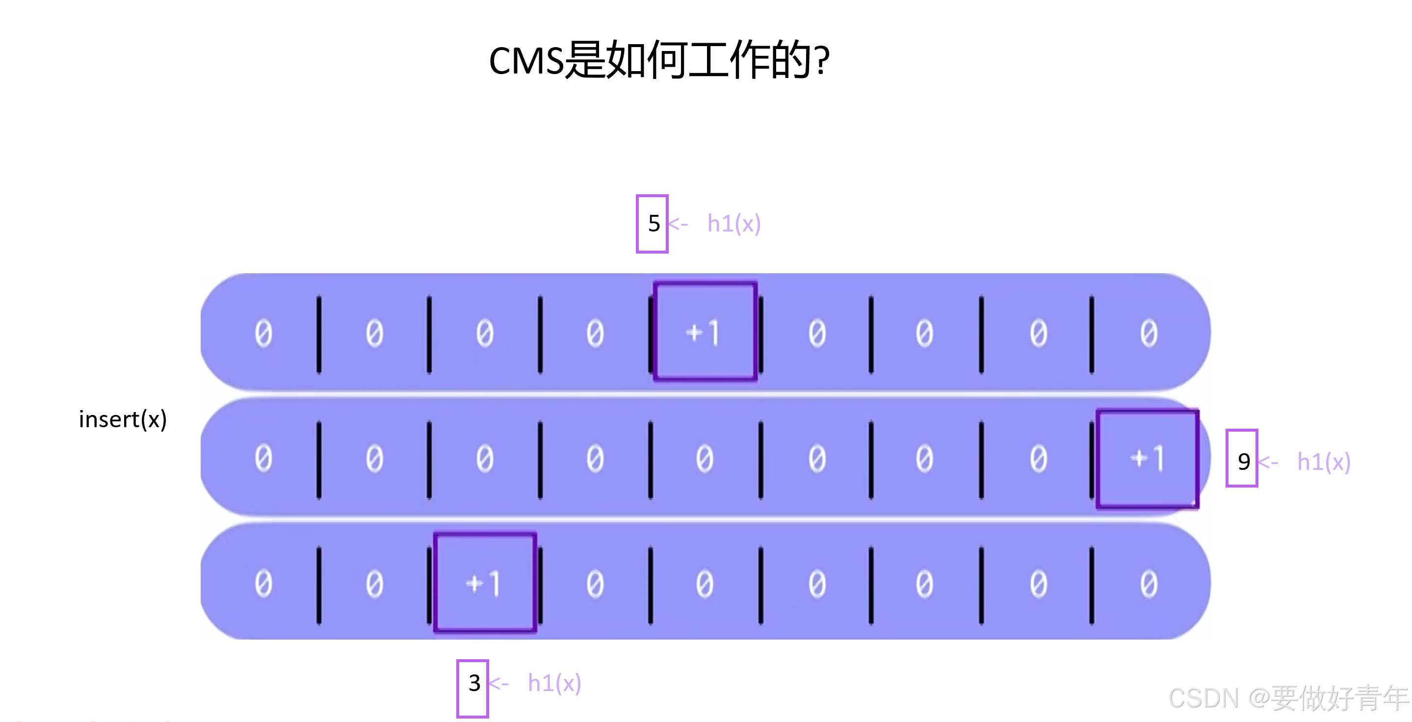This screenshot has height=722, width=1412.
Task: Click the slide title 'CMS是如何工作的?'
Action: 659,60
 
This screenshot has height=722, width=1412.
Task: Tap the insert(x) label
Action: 123,420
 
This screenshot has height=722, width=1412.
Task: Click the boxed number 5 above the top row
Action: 653,224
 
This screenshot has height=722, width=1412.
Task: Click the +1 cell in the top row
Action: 705,332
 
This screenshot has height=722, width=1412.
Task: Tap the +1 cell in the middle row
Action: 1147,459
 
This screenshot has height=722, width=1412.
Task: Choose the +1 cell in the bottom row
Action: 485,583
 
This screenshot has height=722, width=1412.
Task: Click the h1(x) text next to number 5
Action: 734,224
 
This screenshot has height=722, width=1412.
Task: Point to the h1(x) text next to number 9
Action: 1324,462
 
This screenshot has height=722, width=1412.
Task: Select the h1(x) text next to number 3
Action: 554,683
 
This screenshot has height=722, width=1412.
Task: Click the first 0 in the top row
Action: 263,334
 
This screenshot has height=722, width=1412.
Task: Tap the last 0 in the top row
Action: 1149,334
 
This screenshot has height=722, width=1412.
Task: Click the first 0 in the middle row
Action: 263,459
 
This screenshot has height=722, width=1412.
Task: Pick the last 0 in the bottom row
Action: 1149,584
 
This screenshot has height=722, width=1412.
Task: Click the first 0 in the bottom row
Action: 263,584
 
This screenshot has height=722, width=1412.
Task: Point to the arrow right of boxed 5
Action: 678,224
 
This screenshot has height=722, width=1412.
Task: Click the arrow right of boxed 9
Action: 1268,462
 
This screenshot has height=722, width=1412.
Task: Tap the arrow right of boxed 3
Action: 499,683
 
